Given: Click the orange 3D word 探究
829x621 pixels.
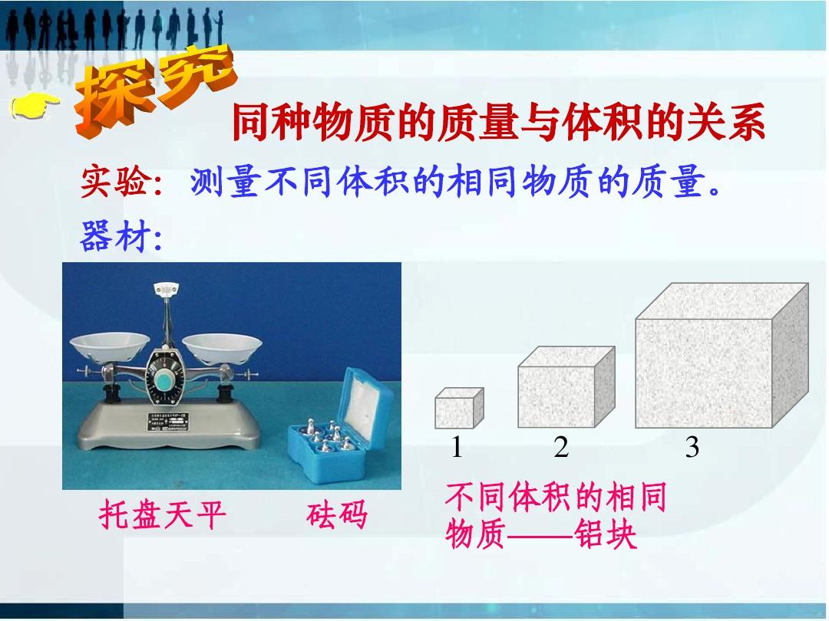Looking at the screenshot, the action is [154, 90].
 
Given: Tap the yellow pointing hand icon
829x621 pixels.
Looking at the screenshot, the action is [35, 106].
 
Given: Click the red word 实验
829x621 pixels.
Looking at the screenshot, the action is [114, 182].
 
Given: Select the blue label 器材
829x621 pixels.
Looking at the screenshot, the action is [114, 235].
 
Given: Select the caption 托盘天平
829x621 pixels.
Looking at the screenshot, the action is [162, 515].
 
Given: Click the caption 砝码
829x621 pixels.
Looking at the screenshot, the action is [337, 515].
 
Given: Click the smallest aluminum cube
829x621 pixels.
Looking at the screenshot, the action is [459, 408].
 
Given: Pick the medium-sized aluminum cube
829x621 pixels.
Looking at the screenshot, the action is [566, 387].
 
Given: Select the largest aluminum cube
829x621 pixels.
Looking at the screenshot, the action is [722, 356].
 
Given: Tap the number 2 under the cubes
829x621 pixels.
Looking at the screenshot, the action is [561, 447].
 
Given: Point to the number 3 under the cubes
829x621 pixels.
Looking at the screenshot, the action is [692, 447].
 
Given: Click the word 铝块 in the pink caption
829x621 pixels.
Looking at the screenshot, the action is [606, 534].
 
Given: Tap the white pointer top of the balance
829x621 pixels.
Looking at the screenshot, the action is [166, 289].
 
